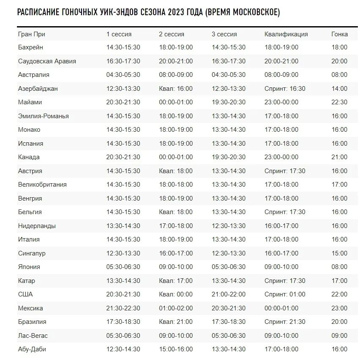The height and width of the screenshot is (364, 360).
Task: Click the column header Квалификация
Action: pos(286,34)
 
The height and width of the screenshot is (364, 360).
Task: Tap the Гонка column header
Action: pos(339,34)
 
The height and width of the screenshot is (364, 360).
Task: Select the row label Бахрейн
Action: pos(30,47)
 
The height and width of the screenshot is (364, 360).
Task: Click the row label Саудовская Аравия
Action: pos(47,61)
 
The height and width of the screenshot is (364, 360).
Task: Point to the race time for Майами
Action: pos(339,102)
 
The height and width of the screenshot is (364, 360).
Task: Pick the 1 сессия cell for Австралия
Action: pos(123,75)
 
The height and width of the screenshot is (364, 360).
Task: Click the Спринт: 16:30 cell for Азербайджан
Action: pos(285,89)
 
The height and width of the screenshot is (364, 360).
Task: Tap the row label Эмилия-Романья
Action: pos(43,116)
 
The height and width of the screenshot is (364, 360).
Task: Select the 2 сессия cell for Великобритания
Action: pos(176,185)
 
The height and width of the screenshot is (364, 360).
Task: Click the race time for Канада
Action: pos(339,157)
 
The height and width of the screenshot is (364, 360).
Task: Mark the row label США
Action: pos(25,294)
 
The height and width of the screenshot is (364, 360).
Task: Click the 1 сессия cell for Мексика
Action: pos(123,308)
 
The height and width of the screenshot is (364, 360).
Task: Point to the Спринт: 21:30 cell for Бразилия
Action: pos(285,322)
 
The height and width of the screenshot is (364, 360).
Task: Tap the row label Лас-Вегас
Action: pos(33,336)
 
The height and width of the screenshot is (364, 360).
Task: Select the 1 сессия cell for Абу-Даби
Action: pos(123,349)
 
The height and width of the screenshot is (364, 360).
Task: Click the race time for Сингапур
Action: pos(339,253)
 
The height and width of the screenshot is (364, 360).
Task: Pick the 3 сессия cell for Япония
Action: pos(229,267)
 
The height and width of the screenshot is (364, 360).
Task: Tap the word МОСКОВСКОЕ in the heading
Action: pos(252,13)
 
